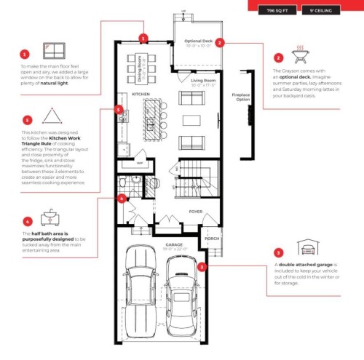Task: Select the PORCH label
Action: (x=212, y=238)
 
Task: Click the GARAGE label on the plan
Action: (x=174, y=245)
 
